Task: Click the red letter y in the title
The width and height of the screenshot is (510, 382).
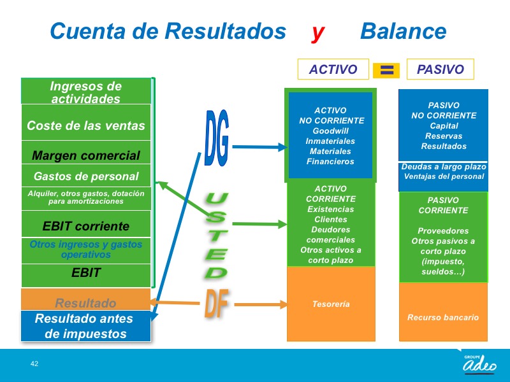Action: [317, 33]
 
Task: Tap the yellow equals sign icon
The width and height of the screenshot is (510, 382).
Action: [386, 70]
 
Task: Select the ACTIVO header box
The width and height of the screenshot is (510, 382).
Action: [333, 69]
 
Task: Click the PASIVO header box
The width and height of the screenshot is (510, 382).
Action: [441, 69]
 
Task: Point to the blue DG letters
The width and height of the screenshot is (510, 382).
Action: [217, 138]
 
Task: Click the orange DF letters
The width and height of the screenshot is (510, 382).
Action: [216, 303]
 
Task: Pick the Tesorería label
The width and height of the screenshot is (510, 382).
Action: [331, 304]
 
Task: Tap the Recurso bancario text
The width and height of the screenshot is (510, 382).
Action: [443, 317]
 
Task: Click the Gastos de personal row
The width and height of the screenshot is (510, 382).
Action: [86, 176]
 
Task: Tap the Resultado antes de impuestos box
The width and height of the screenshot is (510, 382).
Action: [86, 326]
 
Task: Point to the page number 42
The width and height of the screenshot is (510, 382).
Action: [34, 364]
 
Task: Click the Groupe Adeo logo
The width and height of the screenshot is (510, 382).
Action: [479, 364]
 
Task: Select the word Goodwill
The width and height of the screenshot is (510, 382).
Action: [330, 131]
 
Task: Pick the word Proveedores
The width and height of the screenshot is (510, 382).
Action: [443, 231]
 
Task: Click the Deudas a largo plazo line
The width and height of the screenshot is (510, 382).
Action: [444, 167]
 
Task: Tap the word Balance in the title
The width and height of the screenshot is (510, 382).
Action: [404, 31]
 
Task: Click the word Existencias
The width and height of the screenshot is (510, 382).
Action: [330, 209]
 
